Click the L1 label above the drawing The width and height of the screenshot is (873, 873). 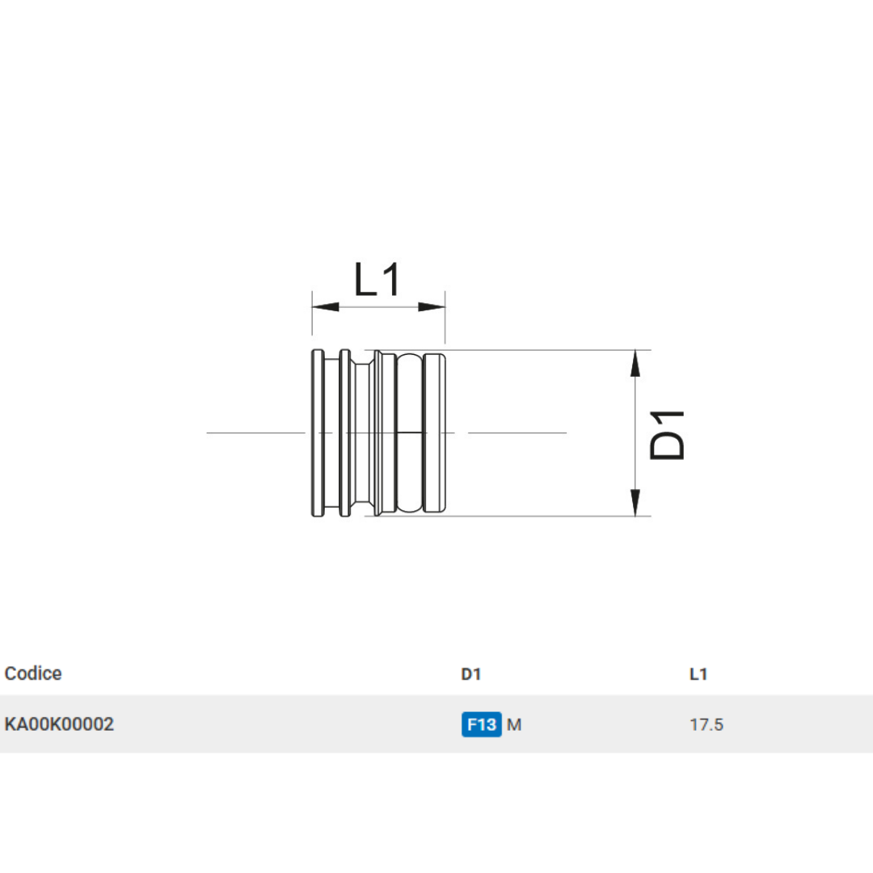377,280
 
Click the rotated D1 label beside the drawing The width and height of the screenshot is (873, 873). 668,434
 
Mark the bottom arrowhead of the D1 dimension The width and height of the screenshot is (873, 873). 636,503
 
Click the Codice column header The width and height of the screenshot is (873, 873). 33,673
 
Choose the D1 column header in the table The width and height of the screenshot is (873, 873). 470,674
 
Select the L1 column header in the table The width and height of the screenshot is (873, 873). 698,674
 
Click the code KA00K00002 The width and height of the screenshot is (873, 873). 59,724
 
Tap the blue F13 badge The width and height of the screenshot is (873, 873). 482,724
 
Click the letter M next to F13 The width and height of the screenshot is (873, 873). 514,724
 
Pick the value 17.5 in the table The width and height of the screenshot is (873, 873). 706,724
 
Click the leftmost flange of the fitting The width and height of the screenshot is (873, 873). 318,433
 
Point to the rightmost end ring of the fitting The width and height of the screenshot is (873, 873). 435,433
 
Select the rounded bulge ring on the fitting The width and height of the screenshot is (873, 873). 410,433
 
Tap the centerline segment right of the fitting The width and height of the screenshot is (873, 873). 517,433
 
